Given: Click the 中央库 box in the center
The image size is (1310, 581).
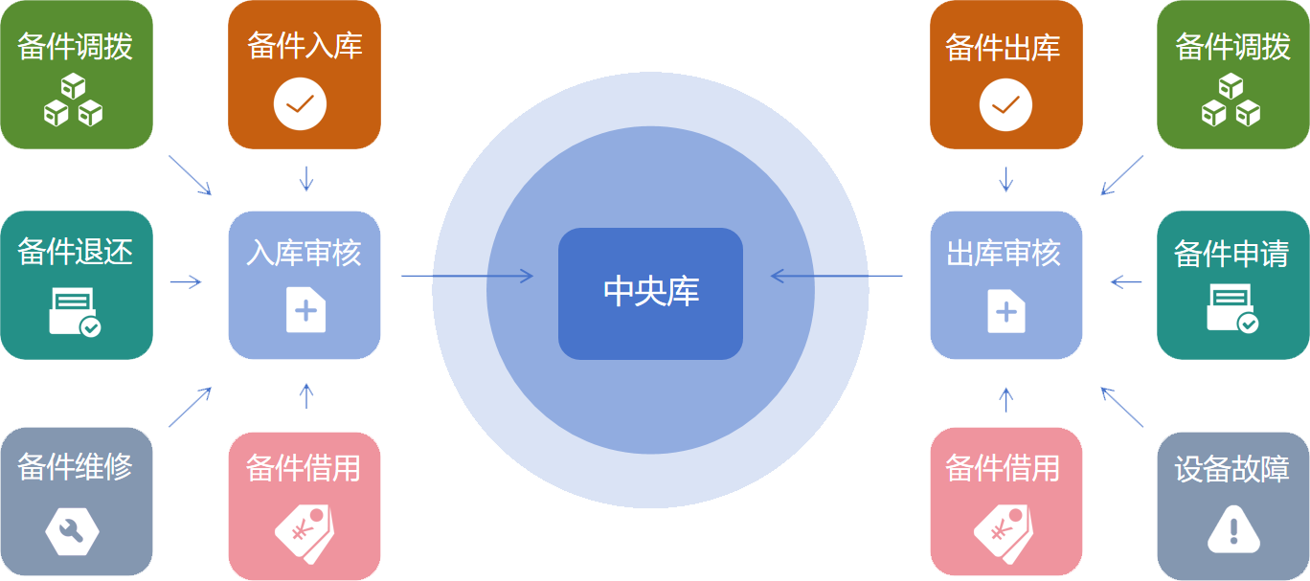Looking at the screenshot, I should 650,293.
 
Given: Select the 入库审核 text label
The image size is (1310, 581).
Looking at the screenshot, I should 305,254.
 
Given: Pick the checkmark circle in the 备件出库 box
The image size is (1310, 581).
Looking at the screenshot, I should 1005,104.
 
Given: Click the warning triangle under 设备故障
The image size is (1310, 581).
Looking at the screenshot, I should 1233,529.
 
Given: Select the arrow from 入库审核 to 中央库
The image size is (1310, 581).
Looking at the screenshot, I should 466,277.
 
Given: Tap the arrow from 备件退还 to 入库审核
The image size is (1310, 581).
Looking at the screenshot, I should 186,281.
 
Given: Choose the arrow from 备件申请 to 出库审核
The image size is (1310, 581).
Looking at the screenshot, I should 1126,281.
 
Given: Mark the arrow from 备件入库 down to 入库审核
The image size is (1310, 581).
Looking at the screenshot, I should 306,178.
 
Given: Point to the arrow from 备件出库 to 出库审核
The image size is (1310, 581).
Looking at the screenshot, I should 1005,178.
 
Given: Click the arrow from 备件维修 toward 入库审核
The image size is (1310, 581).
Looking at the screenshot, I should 190,407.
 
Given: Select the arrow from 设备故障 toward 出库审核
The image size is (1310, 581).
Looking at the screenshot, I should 1122,407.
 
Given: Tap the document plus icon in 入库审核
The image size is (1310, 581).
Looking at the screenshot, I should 305,309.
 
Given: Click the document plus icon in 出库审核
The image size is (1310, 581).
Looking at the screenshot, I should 1005,311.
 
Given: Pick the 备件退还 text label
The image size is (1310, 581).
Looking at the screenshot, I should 76,253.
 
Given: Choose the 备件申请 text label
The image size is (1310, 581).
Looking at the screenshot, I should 1231,254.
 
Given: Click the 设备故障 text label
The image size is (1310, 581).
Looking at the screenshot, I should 1232,469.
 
